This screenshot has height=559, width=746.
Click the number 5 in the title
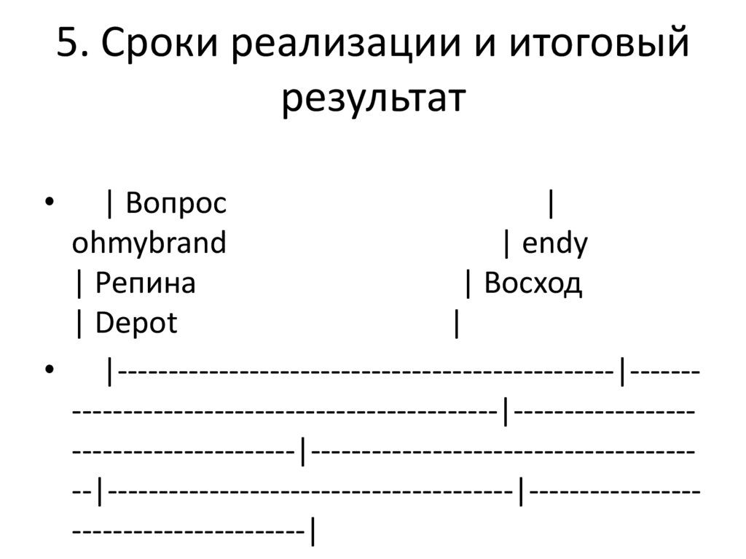[x=66, y=46]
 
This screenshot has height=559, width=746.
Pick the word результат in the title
[x=372, y=99]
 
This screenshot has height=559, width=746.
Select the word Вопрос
[x=176, y=204]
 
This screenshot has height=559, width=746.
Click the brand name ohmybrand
[x=149, y=243]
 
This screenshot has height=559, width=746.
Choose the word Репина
[x=145, y=283]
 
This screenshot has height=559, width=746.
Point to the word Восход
[x=533, y=283]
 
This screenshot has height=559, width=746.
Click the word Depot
[x=136, y=323]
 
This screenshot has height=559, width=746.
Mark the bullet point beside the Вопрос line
[x=49, y=203]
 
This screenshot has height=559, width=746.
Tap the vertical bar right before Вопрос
[x=109, y=204]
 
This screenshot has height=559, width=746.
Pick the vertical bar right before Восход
[x=468, y=283]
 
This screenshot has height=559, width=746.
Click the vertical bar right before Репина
[x=79, y=283]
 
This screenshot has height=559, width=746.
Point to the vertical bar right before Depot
[x=79, y=323]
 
